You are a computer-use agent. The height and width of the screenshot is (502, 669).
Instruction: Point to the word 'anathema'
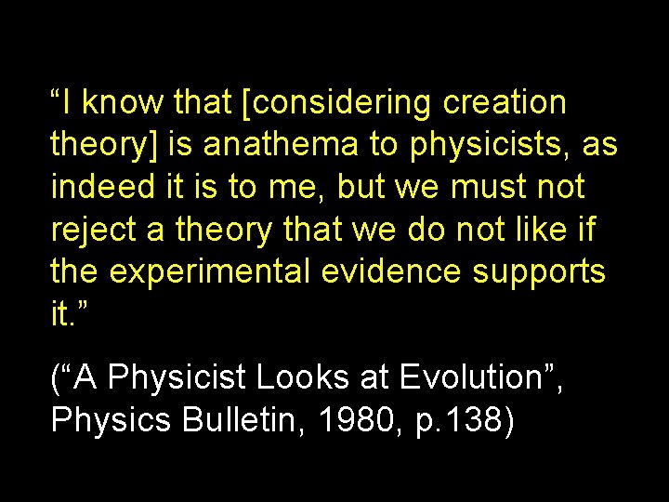(x=282, y=145)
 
